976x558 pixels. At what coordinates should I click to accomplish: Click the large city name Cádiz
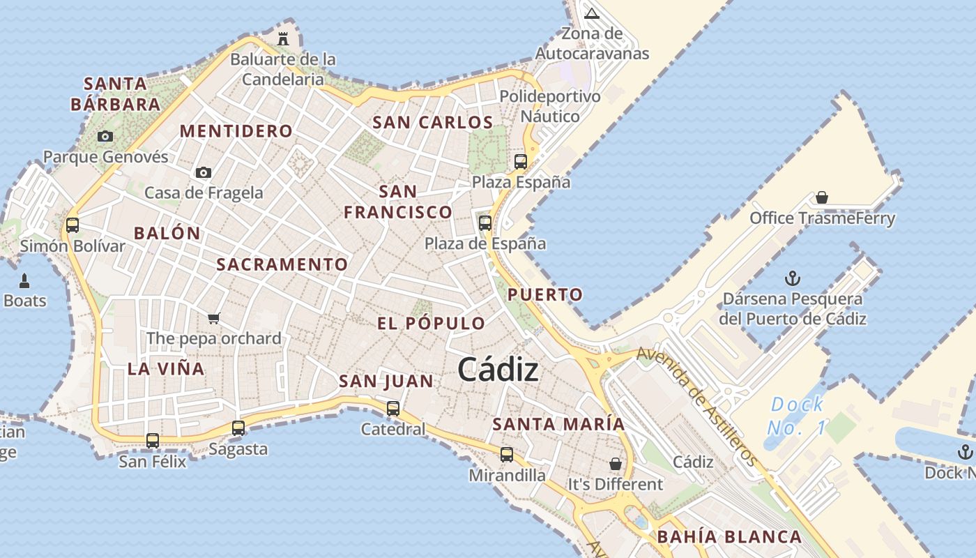(498, 370)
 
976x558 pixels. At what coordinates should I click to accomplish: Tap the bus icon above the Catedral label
(393, 408)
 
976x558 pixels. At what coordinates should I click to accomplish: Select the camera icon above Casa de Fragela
(203, 172)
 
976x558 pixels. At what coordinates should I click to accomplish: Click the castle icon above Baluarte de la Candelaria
(283, 38)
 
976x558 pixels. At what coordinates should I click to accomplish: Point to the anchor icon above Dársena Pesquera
(792, 279)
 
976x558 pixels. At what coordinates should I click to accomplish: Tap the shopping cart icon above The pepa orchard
(214, 319)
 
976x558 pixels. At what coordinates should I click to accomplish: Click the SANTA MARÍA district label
(558, 424)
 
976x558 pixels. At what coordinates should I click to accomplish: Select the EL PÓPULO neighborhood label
(431, 324)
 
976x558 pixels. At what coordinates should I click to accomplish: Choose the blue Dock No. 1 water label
(797, 416)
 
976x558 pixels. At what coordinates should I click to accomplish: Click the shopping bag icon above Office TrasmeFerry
(822, 198)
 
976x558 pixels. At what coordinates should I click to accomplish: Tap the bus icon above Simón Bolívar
(73, 225)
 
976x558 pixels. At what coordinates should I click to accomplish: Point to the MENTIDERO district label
(236, 131)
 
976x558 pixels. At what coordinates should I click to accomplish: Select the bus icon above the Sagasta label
(238, 428)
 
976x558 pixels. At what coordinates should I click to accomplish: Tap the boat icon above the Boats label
(25, 281)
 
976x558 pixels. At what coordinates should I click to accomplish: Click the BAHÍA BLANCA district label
(729, 537)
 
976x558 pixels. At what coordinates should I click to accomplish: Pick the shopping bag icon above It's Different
(615, 464)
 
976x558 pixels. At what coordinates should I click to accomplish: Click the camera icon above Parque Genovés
(105, 136)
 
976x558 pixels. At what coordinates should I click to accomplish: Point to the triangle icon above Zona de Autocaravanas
(592, 13)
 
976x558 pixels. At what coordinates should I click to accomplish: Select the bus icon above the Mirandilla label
(507, 455)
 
